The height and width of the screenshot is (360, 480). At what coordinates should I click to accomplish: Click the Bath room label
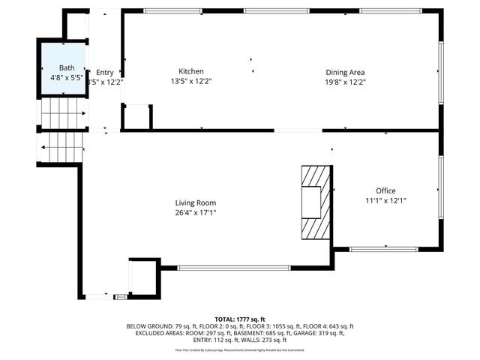click(67, 67)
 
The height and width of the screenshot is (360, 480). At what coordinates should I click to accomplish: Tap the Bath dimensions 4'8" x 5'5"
click(67, 77)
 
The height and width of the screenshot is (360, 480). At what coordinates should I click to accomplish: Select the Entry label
click(105, 72)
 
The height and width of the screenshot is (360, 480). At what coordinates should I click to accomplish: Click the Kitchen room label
click(190, 71)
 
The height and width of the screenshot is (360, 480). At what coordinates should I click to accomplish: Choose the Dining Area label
click(345, 72)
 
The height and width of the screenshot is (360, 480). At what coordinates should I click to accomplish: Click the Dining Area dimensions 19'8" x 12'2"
click(345, 82)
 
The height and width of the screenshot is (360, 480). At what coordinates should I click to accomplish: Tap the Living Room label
click(196, 202)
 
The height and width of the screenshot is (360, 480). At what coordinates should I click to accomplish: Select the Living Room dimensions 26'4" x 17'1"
click(196, 213)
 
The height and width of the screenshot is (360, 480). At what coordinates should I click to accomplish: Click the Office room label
click(385, 190)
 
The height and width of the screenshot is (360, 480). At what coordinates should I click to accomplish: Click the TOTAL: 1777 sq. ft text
click(240, 319)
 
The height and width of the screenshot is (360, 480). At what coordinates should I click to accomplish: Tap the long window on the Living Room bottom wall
click(234, 267)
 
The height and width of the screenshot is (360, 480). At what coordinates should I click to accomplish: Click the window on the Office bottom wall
click(385, 248)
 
